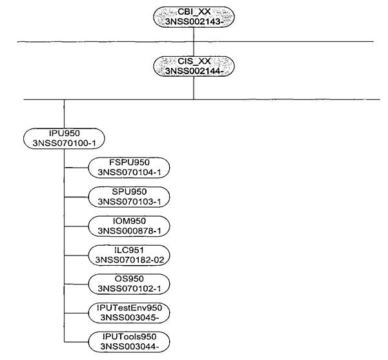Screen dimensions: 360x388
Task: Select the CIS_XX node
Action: (x=194, y=66)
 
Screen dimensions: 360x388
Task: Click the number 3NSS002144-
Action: (x=194, y=71)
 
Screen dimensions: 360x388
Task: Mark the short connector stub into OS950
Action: (x=76, y=285)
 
